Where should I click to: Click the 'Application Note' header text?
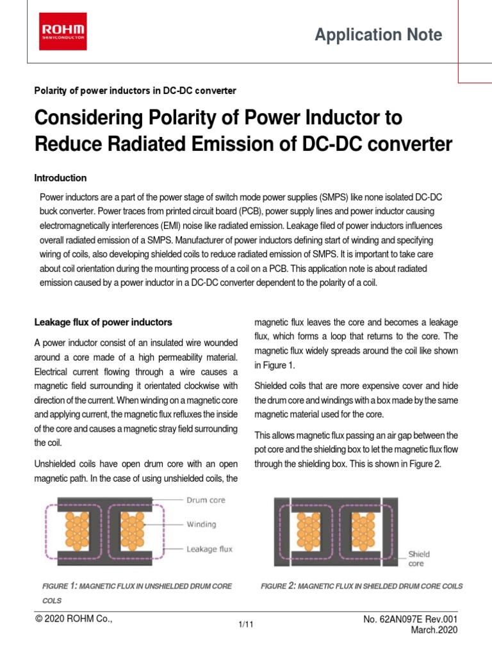coord(378,35)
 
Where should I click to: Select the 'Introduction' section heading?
coord(60,178)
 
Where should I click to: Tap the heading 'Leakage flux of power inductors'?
coord(103,322)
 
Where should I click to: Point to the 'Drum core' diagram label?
coord(206,500)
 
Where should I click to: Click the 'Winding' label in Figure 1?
coord(201,525)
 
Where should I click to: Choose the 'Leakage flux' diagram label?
coord(209,549)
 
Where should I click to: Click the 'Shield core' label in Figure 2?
coord(419,558)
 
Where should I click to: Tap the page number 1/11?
coord(246,626)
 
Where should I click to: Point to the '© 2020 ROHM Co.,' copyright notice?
coord(74,620)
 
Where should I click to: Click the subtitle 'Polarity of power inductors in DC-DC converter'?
coord(135,91)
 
